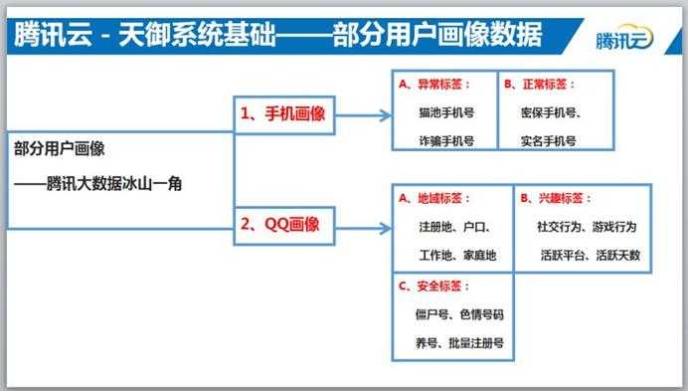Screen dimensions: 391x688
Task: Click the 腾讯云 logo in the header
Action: click(624, 41)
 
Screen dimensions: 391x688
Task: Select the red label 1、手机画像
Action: click(283, 113)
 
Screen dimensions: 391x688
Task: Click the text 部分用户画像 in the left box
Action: click(60, 148)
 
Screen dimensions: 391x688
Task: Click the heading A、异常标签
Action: click(435, 85)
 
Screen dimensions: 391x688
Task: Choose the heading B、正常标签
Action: click(539, 85)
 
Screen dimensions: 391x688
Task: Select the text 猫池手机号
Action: click(446, 113)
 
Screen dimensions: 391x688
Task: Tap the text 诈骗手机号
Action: click(446, 141)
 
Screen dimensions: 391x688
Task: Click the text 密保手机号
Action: click(551, 113)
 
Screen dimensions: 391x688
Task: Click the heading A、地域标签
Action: click(435, 198)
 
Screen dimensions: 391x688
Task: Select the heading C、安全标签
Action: click(435, 287)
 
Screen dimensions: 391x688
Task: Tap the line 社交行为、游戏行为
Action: click(588, 227)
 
